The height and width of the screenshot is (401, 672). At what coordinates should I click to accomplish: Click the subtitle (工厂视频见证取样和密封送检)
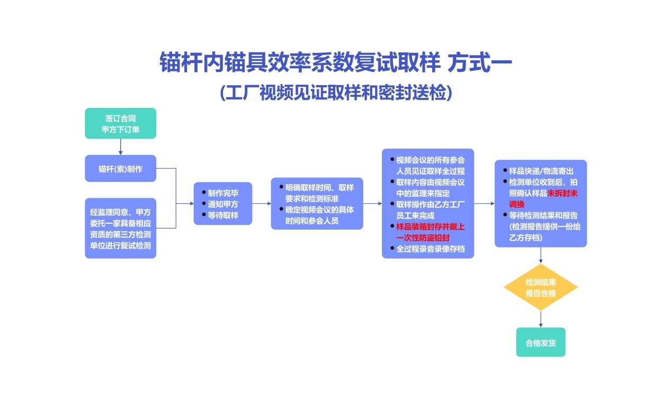pyautogui.click(x=336, y=92)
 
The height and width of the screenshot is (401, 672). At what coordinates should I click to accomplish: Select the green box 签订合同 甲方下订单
pyautogui.click(x=120, y=123)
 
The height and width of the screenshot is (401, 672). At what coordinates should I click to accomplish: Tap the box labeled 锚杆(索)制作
pyautogui.click(x=120, y=169)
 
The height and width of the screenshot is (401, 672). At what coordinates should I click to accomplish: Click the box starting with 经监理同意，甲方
pyautogui.click(x=120, y=229)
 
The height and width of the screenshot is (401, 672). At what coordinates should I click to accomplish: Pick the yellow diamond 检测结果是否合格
pyautogui.click(x=540, y=287)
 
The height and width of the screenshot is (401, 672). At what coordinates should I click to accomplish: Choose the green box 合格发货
pyautogui.click(x=540, y=342)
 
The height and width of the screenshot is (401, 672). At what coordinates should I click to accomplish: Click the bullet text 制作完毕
pyautogui.click(x=223, y=193)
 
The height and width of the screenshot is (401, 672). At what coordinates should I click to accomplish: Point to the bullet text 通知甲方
pyautogui.click(x=223, y=204)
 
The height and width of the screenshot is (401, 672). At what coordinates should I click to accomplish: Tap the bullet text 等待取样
pyautogui.click(x=223, y=215)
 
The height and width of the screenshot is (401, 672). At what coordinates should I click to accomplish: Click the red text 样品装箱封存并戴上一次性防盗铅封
pyautogui.click(x=430, y=232)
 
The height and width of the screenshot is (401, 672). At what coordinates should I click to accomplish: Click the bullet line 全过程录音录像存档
pyautogui.click(x=430, y=248)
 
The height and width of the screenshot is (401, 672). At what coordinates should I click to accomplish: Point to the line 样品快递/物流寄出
pyautogui.click(x=541, y=171)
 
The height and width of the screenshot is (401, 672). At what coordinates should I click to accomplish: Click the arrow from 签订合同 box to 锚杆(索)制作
pyautogui.click(x=120, y=147)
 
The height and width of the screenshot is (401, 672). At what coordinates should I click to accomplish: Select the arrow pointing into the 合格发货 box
pyautogui.click(x=541, y=319)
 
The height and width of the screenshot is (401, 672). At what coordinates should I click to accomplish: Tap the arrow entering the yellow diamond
pyautogui.click(x=541, y=255)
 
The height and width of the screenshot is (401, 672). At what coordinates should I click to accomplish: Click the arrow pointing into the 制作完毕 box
pyautogui.click(x=185, y=203)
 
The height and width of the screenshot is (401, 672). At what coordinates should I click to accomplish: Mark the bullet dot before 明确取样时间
pyautogui.click(x=281, y=187)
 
